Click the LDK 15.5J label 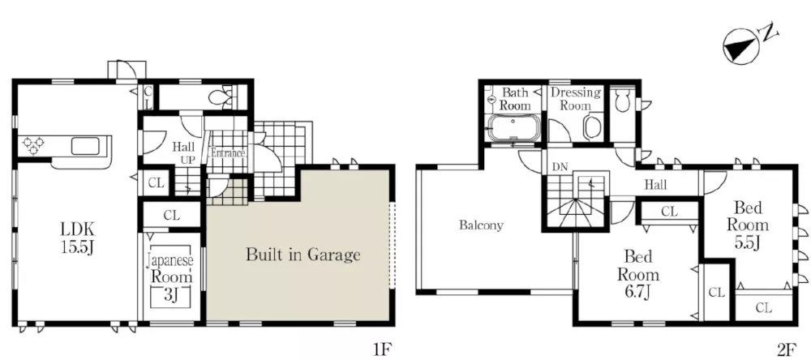click(78, 238)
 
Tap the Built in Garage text click(303, 255)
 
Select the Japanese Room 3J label click(170, 276)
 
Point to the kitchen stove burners click(33, 145)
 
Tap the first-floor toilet click(222, 97)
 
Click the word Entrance click(227, 153)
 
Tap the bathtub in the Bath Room click(514, 128)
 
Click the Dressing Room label click(576, 99)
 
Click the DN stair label click(559, 168)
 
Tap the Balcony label click(481, 225)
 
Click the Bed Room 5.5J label click(748, 225)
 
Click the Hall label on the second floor click(655, 184)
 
